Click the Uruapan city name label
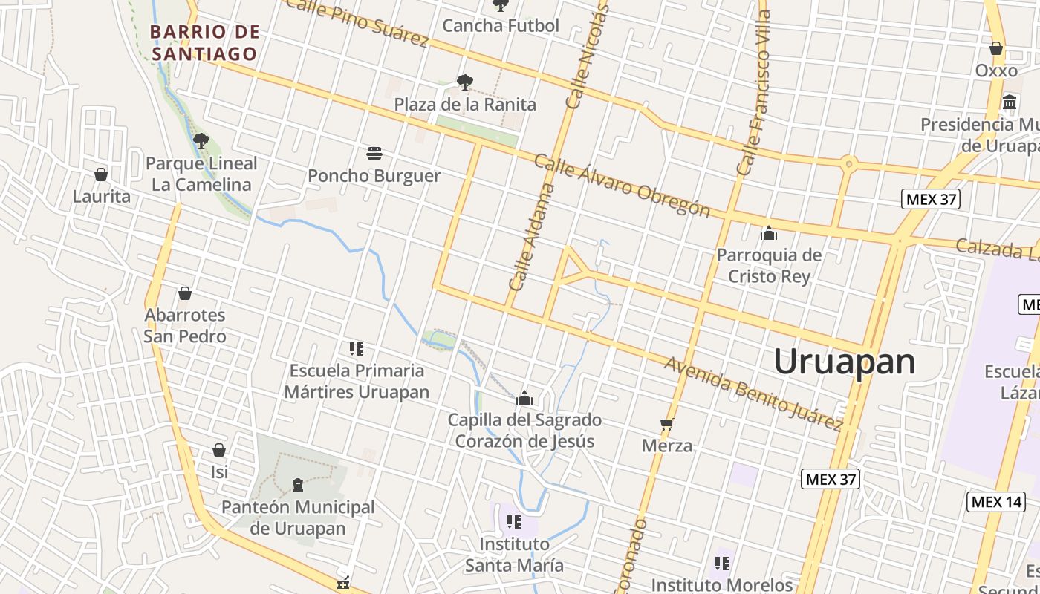[845, 362]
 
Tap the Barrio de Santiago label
[205, 43]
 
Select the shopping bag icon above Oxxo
[996, 48]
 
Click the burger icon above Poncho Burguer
[374, 154]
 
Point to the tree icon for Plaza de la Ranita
[465, 82]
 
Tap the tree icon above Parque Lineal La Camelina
[201, 140]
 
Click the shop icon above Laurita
[101, 174]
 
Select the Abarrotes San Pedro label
[185, 325]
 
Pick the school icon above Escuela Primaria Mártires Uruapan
[357, 348]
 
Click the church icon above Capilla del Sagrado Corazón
[524, 399]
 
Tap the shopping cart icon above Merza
[667, 425]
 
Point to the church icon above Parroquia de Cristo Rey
[769, 234]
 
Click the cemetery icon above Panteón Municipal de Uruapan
[298, 485]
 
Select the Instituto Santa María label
[514, 555]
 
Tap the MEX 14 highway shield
[996, 502]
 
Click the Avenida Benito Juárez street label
[753, 394]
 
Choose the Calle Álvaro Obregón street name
[622, 186]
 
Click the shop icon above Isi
[219, 450]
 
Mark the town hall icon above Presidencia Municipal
[1010, 102]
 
